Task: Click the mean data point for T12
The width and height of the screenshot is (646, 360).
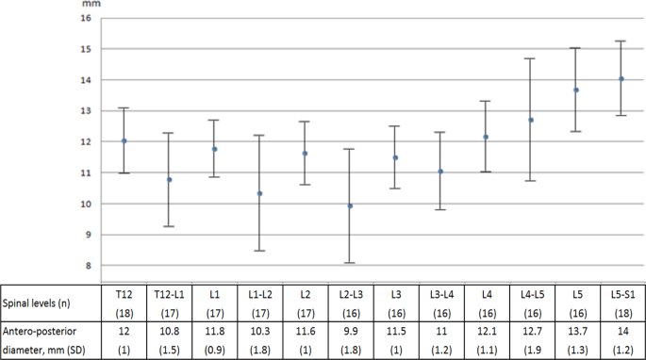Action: pyautogui.click(x=124, y=141)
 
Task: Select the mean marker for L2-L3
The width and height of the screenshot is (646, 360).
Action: pyautogui.click(x=350, y=205)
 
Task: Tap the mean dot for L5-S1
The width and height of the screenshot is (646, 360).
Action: pyautogui.click(x=621, y=79)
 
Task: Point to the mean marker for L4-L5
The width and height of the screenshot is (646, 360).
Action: pyautogui.click(x=531, y=120)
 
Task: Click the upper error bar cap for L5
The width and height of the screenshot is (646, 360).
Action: pyautogui.click(x=576, y=48)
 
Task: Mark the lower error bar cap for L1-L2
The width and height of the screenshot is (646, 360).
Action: pyautogui.click(x=259, y=251)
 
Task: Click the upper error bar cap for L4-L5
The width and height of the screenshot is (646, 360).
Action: pyautogui.click(x=531, y=58)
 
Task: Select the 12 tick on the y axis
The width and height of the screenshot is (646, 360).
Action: pyautogui.click(x=87, y=141)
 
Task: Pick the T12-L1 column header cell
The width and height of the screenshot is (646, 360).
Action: pyautogui.click(x=169, y=293)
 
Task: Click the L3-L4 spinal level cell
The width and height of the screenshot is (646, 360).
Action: pyautogui.click(x=440, y=293)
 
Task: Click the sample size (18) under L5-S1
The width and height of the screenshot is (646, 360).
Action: pyautogui.click(x=621, y=311)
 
